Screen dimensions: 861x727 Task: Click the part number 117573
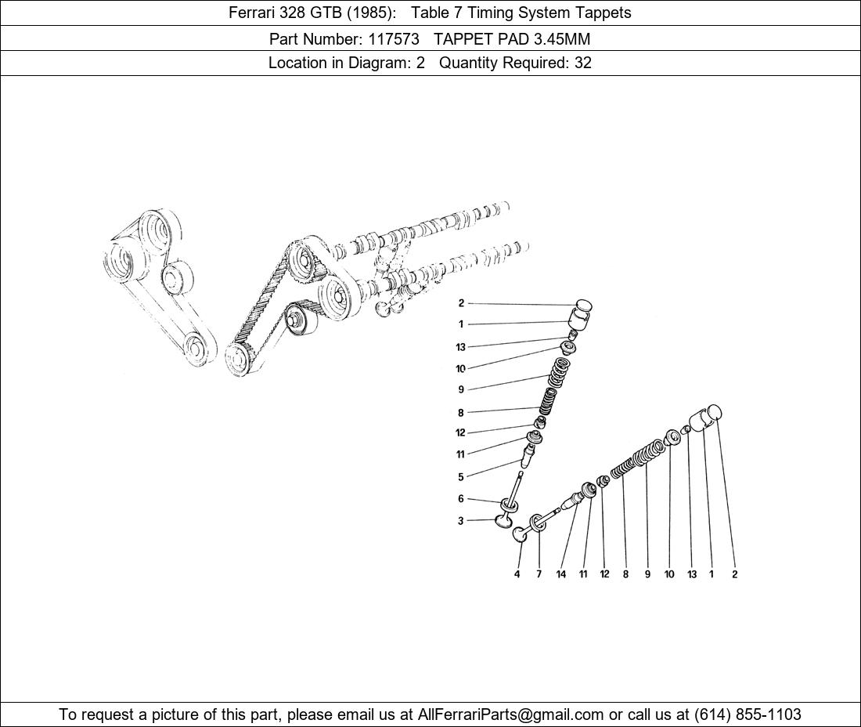click(394, 39)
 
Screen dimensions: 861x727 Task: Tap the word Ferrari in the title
click(252, 13)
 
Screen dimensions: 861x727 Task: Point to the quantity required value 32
click(583, 63)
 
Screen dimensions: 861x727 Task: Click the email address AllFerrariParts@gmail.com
click(511, 714)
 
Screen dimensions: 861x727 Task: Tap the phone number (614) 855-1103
click(748, 714)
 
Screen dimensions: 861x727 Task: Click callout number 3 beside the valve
click(461, 521)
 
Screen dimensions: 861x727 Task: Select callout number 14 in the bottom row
click(560, 574)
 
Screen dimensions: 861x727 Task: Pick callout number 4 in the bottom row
click(517, 574)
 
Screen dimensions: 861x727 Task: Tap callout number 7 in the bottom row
click(539, 574)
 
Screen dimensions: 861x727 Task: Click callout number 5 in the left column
click(461, 477)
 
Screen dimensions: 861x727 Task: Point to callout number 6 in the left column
click(461, 498)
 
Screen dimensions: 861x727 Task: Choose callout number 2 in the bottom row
click(735, 574)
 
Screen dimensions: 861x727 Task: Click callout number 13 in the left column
click(460, 347)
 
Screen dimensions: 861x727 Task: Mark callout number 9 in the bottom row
click(647, 574)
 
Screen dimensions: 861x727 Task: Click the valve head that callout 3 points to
click(504, 518)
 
